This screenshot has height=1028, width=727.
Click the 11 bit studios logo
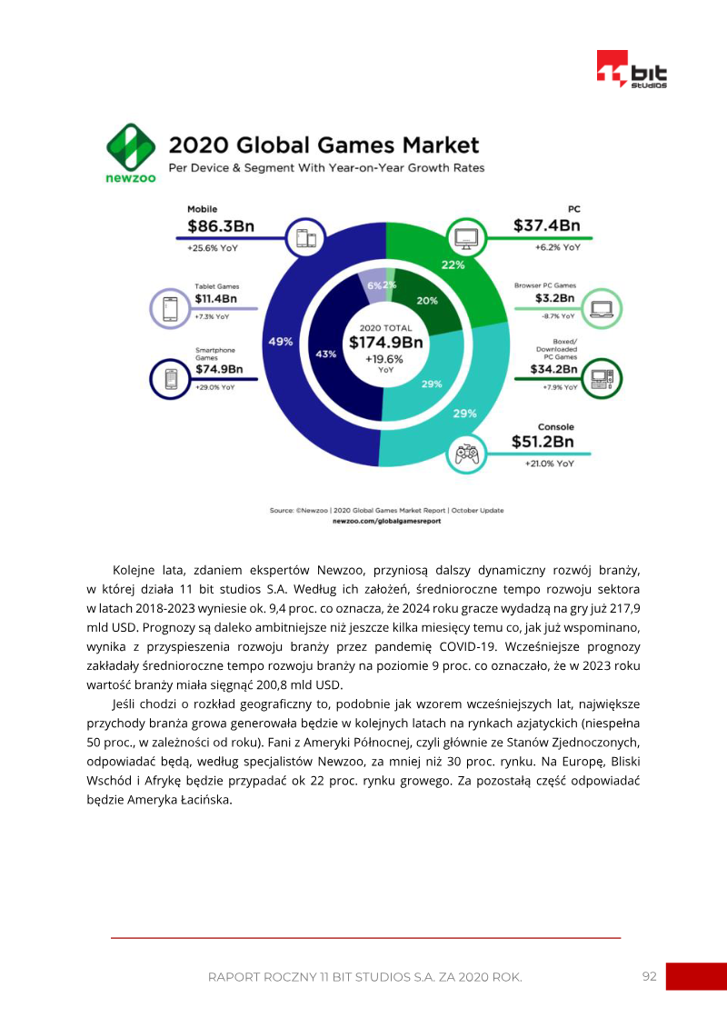(632, 70)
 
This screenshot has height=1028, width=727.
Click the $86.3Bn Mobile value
(220, 226)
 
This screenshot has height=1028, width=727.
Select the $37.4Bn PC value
(546, 225)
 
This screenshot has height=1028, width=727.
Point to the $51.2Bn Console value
(543, 443)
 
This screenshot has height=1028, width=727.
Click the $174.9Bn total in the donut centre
(386, 342)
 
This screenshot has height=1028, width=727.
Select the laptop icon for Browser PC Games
(602, 308)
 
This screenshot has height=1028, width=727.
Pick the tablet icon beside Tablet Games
(169, 309)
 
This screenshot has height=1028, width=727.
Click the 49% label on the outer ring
(280, 342)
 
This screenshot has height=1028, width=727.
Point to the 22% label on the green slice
(453, 265)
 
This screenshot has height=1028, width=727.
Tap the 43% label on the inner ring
(325, 354)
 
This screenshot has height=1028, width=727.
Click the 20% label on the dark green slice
(426, 301)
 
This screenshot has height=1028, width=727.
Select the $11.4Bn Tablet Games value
(215, 298)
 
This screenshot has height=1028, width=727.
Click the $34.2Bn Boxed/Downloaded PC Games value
(554, 369)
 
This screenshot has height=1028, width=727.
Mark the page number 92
(649, 976)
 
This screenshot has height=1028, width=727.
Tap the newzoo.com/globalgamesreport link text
(386, 521)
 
